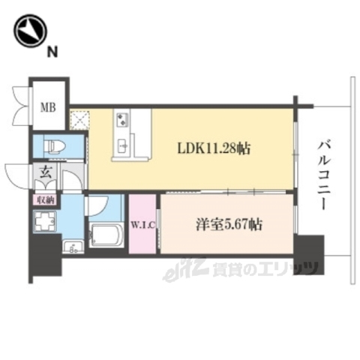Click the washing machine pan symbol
pyautogui.click(x=45, y=222)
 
